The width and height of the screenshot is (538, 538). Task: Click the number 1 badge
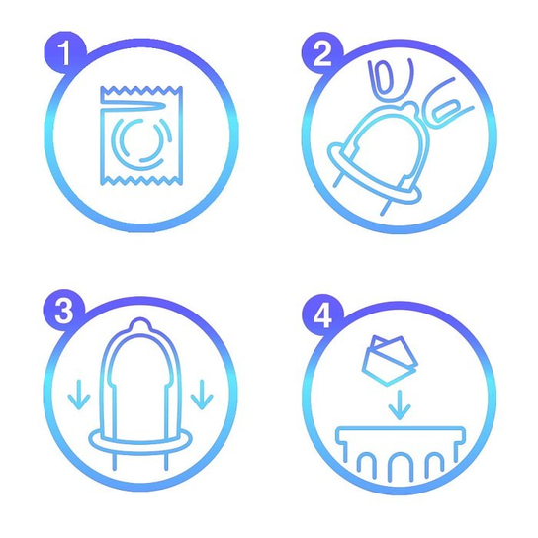65,52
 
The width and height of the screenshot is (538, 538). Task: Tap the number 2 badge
322,53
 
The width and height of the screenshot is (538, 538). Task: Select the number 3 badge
64,311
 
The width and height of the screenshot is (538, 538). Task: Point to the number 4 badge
322,314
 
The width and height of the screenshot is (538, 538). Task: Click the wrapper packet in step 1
141,135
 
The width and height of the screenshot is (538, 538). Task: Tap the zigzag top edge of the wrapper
141,91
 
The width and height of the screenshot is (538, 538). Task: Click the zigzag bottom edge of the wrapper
141,180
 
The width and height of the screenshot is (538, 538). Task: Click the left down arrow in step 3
79,395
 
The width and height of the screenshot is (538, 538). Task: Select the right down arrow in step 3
202,395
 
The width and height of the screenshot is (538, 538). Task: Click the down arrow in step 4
399,404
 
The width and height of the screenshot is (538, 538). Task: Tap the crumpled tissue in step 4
390,361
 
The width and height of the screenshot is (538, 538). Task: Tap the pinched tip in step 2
410,109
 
